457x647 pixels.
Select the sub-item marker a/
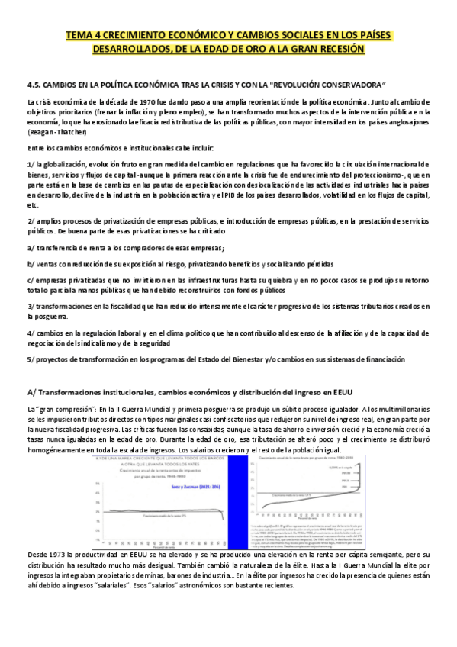[30, 249]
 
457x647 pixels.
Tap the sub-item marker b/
[31, 263]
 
